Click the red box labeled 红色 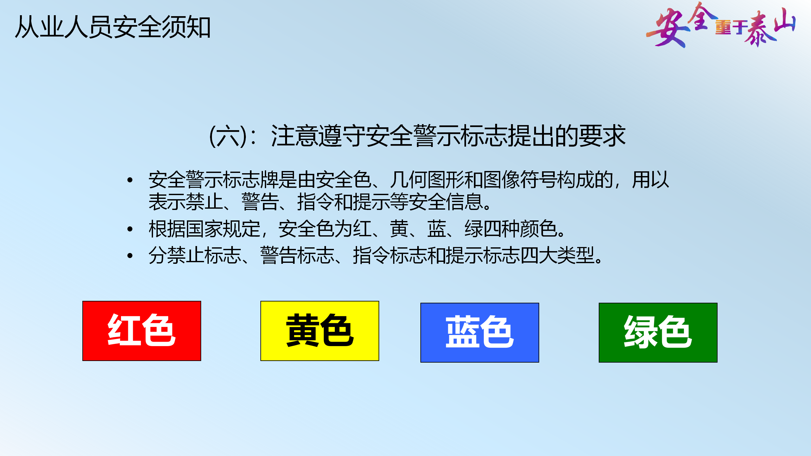click(x=142, y=331)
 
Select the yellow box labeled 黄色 click(x=320, y=331)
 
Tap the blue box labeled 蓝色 click(x=480, y=332)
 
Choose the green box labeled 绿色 click(x=658, y=332)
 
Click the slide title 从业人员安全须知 click(x=113, y=27)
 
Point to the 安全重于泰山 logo click(x=721, y=25)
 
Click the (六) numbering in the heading click(x=228, y=136)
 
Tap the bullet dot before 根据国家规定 click(x=130, y=229)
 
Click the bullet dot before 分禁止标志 click(x=130, y=256)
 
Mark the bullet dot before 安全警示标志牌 click(x=130, y=180)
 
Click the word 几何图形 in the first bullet click(x=427, y=180)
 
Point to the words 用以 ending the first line click(x=650, y=180)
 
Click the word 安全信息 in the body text click(x=445, y=202)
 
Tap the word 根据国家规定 click(x=204, y=229)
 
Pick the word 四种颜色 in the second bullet click(x=520, y=229)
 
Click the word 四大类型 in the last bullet click(x=557, y=256)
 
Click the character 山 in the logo click(x=784, y=20)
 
